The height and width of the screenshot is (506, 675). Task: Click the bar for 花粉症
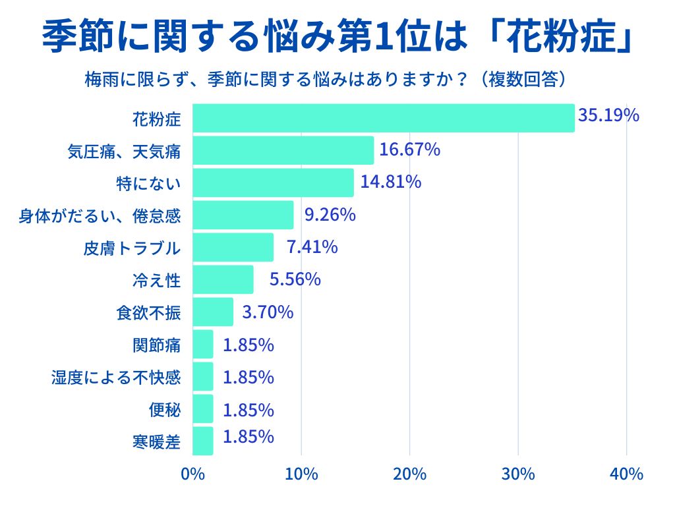384,118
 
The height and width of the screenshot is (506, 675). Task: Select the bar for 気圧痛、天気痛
283,150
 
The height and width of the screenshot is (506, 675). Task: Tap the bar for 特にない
273,183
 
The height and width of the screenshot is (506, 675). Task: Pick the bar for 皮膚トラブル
233,247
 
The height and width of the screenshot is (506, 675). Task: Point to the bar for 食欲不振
213,312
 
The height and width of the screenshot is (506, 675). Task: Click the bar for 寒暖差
203,441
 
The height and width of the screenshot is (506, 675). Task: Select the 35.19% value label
608,115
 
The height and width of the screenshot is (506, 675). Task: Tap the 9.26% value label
330,214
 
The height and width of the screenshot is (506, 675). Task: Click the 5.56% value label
295,279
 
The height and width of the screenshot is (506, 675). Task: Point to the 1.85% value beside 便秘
248,410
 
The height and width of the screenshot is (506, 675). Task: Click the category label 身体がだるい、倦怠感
99,215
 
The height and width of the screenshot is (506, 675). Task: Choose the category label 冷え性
156,281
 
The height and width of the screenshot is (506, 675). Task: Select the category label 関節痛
156,345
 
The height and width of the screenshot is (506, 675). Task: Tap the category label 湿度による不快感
115,378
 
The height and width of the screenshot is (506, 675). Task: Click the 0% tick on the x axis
192,474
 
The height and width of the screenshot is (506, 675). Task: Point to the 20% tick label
409,474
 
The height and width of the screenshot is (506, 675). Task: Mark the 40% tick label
626,474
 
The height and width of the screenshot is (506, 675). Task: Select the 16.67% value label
409,150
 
